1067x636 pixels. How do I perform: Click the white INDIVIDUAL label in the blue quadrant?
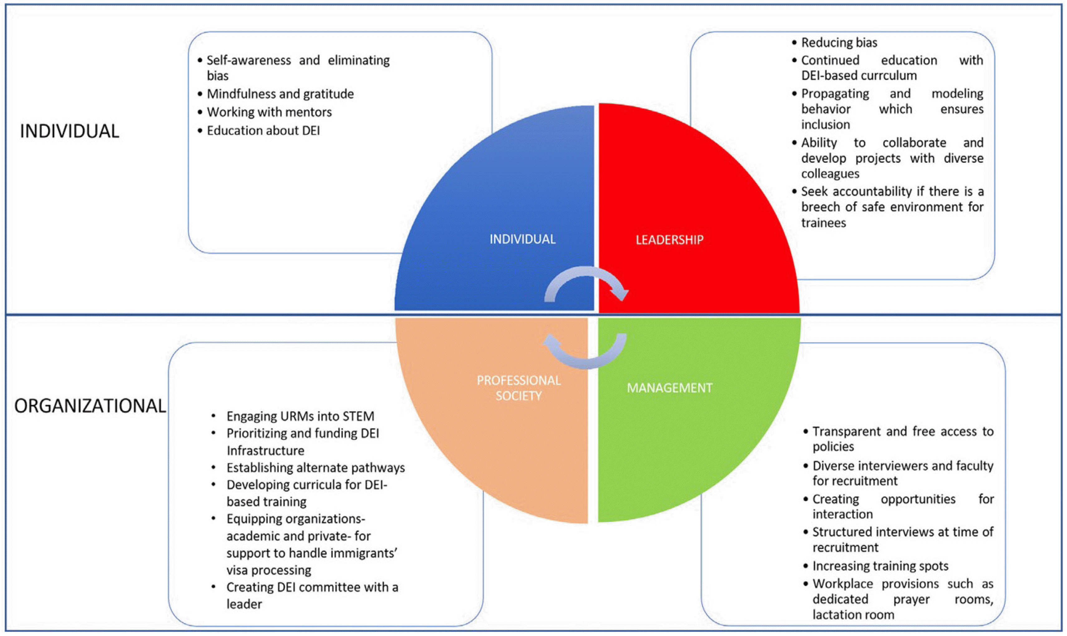coord(522,239)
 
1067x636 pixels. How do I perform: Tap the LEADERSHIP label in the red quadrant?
coord(670,239)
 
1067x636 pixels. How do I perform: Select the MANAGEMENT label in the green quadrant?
coord(670,388)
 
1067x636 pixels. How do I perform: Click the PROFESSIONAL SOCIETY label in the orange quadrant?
coord(519,388)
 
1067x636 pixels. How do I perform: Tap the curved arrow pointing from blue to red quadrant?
coord(586,283)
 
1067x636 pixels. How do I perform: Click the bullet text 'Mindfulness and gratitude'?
coord(280,94)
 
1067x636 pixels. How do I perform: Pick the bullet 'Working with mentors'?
coord(269,112)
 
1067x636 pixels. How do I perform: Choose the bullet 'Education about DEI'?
coord(263,131)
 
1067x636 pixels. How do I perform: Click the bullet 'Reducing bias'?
coord(839,42)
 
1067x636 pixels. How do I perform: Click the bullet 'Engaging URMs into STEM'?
coord(300,416)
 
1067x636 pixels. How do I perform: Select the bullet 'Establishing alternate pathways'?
coord(316,468)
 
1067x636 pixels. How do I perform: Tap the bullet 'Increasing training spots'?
coord(880,566)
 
